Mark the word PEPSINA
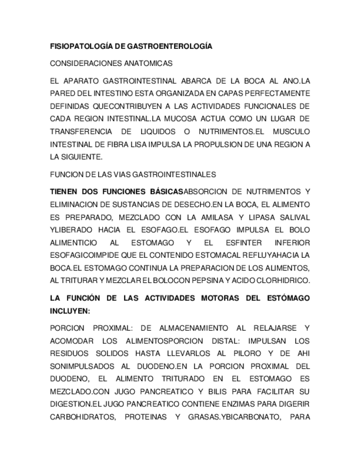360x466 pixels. click(209, 281)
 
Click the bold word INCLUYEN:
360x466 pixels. click(70, 310)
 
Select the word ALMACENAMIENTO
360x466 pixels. click(189, 328)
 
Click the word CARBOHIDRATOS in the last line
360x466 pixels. click(82, 417)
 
